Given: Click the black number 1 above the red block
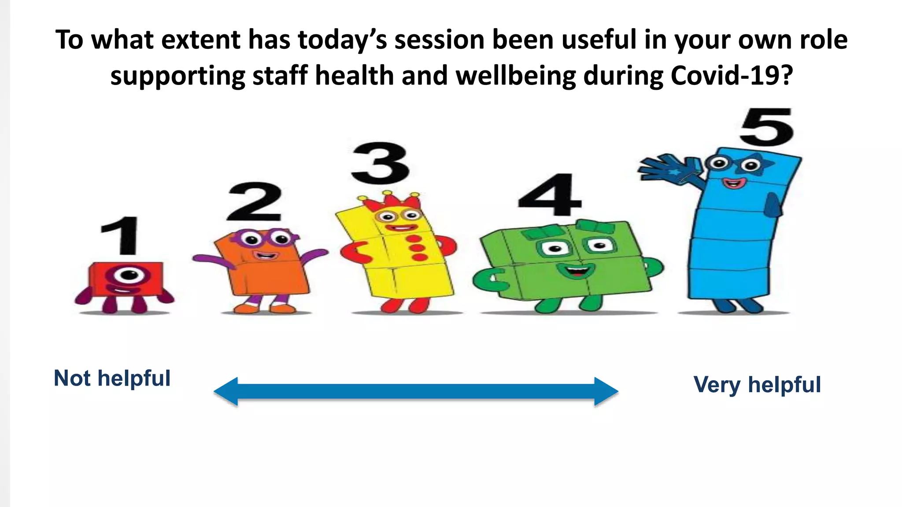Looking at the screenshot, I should pos(121,235).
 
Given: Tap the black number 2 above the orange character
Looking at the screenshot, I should pos(255,202).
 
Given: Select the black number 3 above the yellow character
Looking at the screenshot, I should pos(381,163).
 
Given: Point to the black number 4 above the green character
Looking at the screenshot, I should pos(549,195).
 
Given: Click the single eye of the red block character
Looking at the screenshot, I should pos(128,275).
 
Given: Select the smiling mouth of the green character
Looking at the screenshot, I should pos(576,270).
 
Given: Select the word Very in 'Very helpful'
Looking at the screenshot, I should pos(717,385).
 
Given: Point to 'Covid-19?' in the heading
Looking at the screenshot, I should pos(732,76).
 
